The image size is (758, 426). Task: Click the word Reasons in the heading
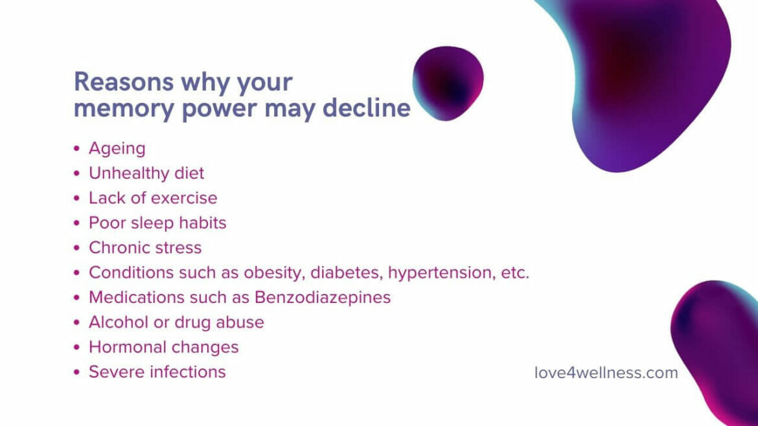123,82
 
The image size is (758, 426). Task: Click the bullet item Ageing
117,148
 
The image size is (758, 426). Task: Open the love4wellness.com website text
606,373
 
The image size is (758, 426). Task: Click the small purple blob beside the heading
448,83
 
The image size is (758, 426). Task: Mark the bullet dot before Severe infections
77,372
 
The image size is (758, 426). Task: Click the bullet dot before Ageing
77,149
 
